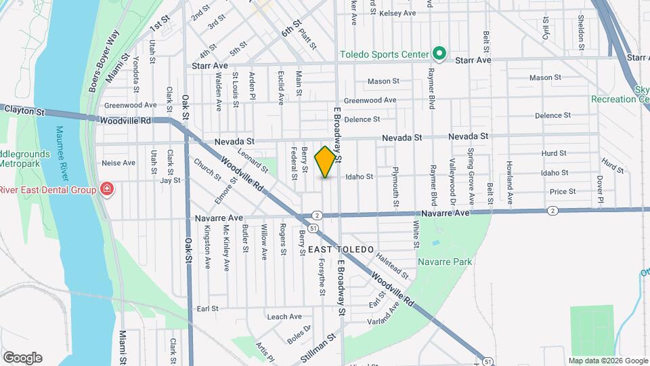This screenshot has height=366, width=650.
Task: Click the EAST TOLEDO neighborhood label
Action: tap(341, 250)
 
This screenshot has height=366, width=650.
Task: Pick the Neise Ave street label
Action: tap(118, 163)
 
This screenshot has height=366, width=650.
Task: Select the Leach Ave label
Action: tap(284, 317)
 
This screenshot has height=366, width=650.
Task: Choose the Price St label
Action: tap(563, 192)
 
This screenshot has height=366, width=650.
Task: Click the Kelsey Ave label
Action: tap(397, 13)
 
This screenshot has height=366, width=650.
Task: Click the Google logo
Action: tap(22, 357)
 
